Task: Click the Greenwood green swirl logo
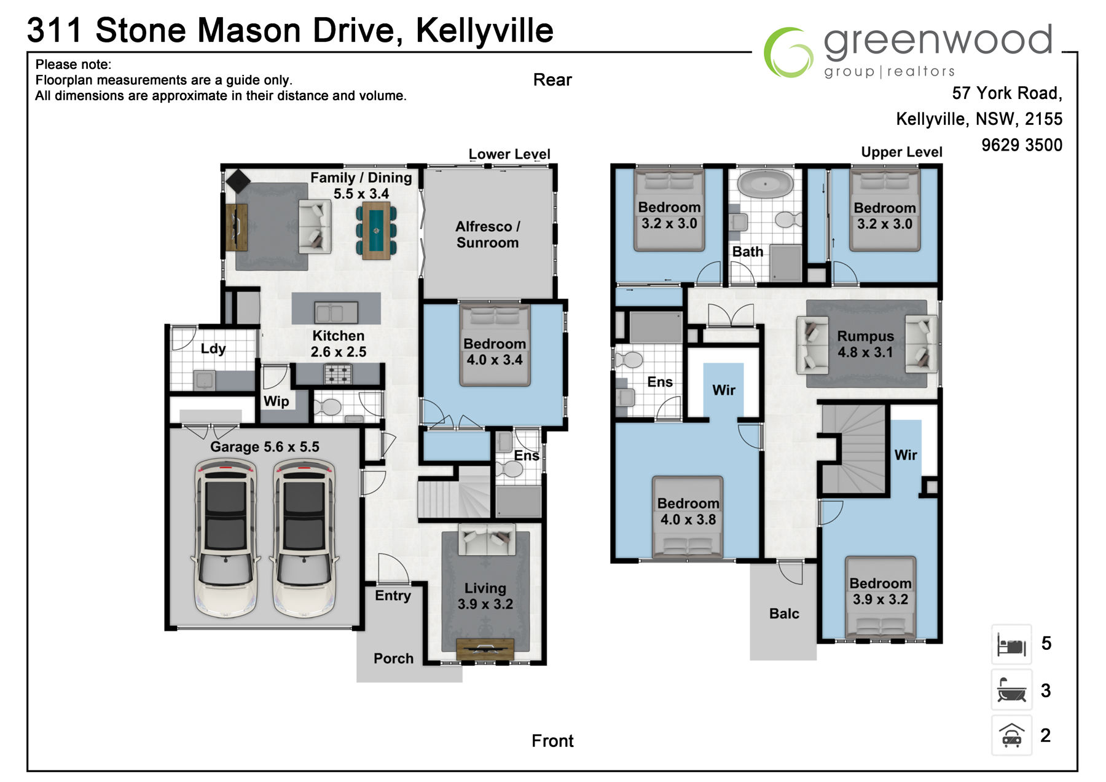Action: (x=788, y=52)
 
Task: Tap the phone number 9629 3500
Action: (x=1021, y=145)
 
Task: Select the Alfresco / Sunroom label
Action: (x=487, y=234)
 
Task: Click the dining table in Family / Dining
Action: (x=376, y=231)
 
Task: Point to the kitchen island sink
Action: (x=336, y=312)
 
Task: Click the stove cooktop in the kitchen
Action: (x=338, y=374)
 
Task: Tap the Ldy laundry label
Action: (x=213, y=349)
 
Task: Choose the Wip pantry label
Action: (x=276, y=401)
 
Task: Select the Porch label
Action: (x=393, y=658)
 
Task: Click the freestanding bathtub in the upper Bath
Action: (x=765, y=184)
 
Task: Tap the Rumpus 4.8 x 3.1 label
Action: (x=865, y=344)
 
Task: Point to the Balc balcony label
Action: (x=784, y=614)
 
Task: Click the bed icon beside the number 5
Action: (x=1011, y=644)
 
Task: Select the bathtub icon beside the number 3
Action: (x=1011, y=690)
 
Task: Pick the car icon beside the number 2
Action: (x=1011, y=735)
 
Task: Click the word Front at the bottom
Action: (x=552, y=741)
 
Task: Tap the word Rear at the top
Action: (x=552, y=80)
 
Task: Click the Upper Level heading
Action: (x=901, y=152)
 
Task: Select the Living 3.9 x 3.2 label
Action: (x=485, y=596)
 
